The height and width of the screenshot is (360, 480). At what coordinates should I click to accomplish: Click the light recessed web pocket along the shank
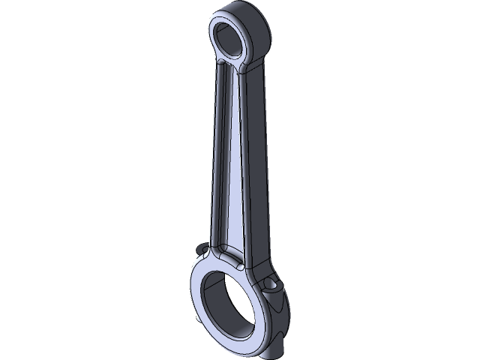point(229,157)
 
